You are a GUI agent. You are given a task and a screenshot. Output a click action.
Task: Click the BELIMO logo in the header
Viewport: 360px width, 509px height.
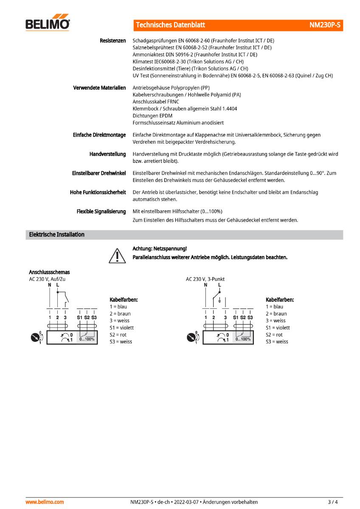coord(48,24)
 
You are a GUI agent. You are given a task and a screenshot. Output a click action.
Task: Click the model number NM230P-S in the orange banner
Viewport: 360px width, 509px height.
coord(325,25)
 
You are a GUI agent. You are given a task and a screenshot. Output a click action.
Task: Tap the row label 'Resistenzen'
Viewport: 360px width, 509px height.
coord(112,41)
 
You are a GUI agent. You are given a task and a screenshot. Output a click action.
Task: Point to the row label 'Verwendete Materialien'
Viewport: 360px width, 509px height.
coord(99,88)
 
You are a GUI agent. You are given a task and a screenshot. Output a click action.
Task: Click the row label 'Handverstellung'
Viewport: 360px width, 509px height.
coord(107,154)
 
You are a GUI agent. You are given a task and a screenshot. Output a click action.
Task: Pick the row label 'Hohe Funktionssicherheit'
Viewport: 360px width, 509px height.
coord(98,192)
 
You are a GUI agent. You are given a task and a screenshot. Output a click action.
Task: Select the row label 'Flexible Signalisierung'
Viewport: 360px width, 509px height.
coord(101,211)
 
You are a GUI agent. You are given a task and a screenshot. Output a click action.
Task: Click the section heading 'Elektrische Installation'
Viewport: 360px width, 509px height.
coord(56,235)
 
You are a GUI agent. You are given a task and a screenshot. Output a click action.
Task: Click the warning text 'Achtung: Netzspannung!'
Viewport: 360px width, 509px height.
coord(160,249)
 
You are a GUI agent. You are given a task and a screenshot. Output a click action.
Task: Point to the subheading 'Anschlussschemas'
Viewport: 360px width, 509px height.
coord(49,272)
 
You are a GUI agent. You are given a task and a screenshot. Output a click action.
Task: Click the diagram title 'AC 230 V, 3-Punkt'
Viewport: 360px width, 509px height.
coord(205,279)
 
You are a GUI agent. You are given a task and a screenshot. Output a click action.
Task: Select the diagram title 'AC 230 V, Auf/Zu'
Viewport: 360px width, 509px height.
coord(47,279)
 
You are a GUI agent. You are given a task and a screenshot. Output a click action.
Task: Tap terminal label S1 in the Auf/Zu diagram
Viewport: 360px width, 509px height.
coord(79,317)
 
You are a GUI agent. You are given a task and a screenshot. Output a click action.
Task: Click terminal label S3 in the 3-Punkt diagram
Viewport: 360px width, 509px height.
coord(250,317)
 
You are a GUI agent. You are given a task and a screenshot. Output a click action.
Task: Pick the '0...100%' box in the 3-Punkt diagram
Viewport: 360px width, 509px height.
coord(243,338)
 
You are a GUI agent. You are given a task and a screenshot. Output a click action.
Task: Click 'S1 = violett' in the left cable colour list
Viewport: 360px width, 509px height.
coord(121,327)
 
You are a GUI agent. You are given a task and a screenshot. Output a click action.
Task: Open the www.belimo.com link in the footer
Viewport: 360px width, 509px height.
coord(45,502)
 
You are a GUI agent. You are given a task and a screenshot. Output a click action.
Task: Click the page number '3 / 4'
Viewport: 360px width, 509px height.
coord(333,502)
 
